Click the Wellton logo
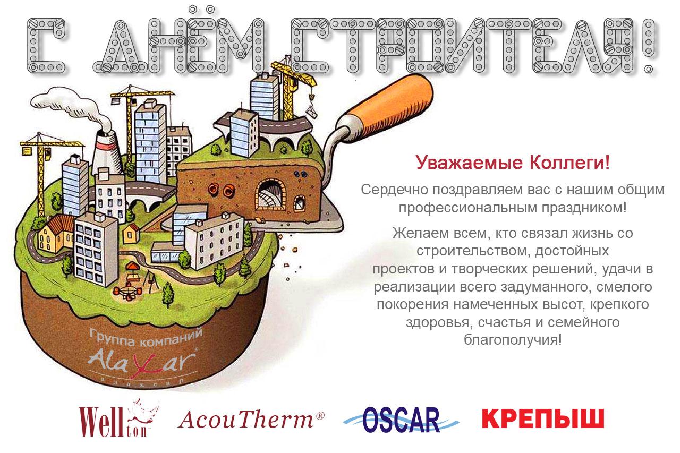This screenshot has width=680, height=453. tap(118, 418)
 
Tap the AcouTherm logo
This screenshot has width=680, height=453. tap(251, 420)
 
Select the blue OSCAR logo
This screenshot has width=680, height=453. tap(401, 420)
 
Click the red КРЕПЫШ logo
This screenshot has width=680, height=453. tap(543, 418)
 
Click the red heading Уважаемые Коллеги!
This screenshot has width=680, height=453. tap(513, 163)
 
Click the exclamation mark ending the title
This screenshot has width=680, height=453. tap(649, 46)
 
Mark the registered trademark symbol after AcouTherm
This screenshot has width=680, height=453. tap(320, 415)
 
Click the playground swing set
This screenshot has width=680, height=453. tap(152, 281)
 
